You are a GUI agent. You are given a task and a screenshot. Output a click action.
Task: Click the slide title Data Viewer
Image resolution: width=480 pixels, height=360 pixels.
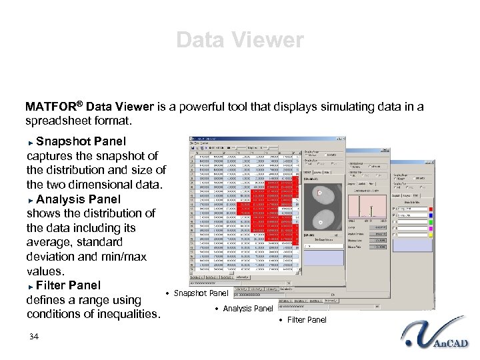tap(240, 40)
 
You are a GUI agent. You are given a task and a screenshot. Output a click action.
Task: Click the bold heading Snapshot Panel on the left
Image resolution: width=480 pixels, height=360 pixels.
tap(81, 141)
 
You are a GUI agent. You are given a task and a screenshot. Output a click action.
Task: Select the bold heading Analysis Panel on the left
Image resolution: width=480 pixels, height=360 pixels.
tap(79, 199)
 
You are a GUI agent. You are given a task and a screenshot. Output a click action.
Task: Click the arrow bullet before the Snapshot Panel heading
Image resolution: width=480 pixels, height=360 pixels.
tap(31, 142)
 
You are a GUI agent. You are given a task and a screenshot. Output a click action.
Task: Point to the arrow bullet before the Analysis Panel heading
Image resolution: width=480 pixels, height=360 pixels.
tap(31, 199)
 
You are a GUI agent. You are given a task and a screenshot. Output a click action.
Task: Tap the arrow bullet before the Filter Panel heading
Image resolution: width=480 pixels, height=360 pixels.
tap(31, 286)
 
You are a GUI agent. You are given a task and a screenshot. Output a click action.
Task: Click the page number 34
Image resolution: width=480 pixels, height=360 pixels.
tap(34, 337)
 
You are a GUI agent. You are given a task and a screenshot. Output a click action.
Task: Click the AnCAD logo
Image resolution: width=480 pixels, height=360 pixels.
tap(437, 337)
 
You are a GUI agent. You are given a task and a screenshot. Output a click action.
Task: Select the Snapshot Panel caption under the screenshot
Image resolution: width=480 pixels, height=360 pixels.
tap(201, 293)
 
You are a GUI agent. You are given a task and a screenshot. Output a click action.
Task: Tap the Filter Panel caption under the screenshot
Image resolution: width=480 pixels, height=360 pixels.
tap(306, 320)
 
